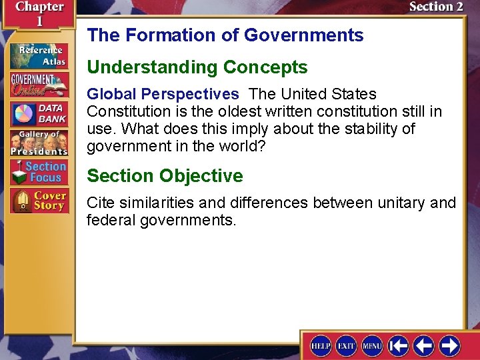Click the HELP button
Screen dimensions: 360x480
pyautogui.click(x=321, y=345)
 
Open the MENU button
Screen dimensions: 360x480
pyautogui.click(x=372, y=345)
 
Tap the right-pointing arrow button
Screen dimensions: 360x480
pyautogui.click(x=449, y=345)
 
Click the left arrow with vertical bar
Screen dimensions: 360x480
pyautogui.click(x=398, y=345)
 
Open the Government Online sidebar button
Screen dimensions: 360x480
pyautogui.click(x=39, y=85)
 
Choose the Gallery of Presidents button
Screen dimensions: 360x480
pyautogui.click(x=39, y=142)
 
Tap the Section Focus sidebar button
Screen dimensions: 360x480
pyautogui.click(x=39, y=172)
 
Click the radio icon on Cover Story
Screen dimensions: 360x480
pyautogui.click(x=22, y=201)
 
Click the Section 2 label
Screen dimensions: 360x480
pyautogui.click(x=436, y=7)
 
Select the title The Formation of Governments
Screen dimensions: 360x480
pyautogui.click(x=225, y=35)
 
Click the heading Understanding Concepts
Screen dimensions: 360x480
pyautogui.click(x=197, y=67)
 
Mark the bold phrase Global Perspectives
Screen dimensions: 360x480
pyautogui.click(x=163, y=95)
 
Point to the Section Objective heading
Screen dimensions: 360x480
pyautogui.click(x=165, y=176)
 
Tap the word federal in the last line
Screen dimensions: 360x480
pyautogui.click(x=111, y=219)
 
